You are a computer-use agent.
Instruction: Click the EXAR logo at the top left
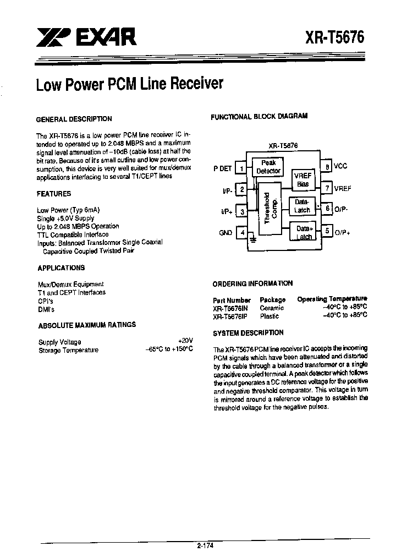(x=86, y=37)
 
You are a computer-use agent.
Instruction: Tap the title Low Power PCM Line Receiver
(x=129, y=85)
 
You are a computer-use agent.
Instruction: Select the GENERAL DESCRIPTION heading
(x=74, y=119)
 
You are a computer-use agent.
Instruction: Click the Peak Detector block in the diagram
(x=268, y=167)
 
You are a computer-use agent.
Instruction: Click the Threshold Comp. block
(x=268, y=207)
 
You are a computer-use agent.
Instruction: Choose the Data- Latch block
(x=302, y=206)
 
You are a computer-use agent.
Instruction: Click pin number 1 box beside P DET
(x=241, y=168)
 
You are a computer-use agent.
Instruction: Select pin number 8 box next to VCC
(x=327, y=166)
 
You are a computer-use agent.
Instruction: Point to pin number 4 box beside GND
(x=241, y=233)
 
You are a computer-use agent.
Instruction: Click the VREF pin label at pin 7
(x=343, y=189)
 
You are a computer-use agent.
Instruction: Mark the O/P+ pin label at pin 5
(x=342, y=232)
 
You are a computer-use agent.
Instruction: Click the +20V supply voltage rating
(x=185, y=341)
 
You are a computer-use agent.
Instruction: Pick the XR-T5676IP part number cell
(x=230, y=316)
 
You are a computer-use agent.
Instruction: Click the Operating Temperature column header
(x=332, y=299)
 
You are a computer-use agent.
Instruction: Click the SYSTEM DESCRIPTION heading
(x=248, y=333)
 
